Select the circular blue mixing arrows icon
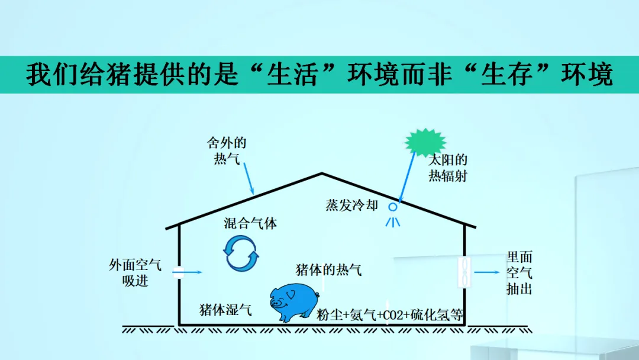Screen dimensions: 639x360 241,253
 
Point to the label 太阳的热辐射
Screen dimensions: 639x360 448,168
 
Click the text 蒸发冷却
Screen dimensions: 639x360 351,205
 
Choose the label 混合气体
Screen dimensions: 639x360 250,223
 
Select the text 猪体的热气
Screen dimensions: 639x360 328,270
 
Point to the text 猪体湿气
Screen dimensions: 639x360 225,309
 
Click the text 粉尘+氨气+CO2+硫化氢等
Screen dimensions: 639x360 390,314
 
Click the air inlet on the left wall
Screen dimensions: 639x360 178,273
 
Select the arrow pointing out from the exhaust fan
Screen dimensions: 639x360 487,273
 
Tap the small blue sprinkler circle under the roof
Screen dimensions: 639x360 392,207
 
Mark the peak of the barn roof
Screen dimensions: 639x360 322,173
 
